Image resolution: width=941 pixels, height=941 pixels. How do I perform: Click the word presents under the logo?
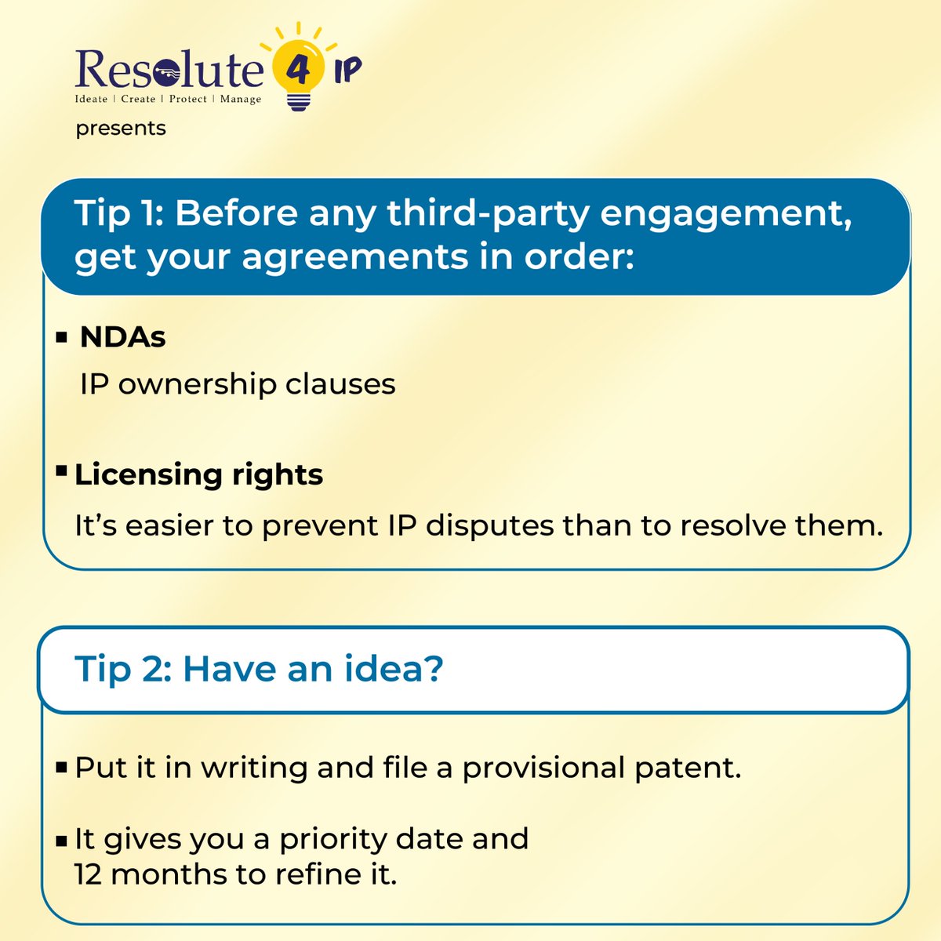pyautogui.click(x=121, y=128)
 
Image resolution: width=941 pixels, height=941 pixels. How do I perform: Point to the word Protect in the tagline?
pyautogui.click(x=188, y=100)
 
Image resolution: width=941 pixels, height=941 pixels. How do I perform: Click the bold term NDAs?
pyautogui.click(x=123, y=338)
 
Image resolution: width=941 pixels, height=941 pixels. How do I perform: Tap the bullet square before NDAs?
pyautogui.click(x=61, y=338)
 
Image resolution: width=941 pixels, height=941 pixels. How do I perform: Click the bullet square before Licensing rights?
pyautogui.click(x=61, y=470)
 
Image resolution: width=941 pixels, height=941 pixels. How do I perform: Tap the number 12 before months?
pyautogui.click(x=89, y=874)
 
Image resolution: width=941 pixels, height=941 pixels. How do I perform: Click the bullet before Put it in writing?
pyautogui.click(x=61, y=768)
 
